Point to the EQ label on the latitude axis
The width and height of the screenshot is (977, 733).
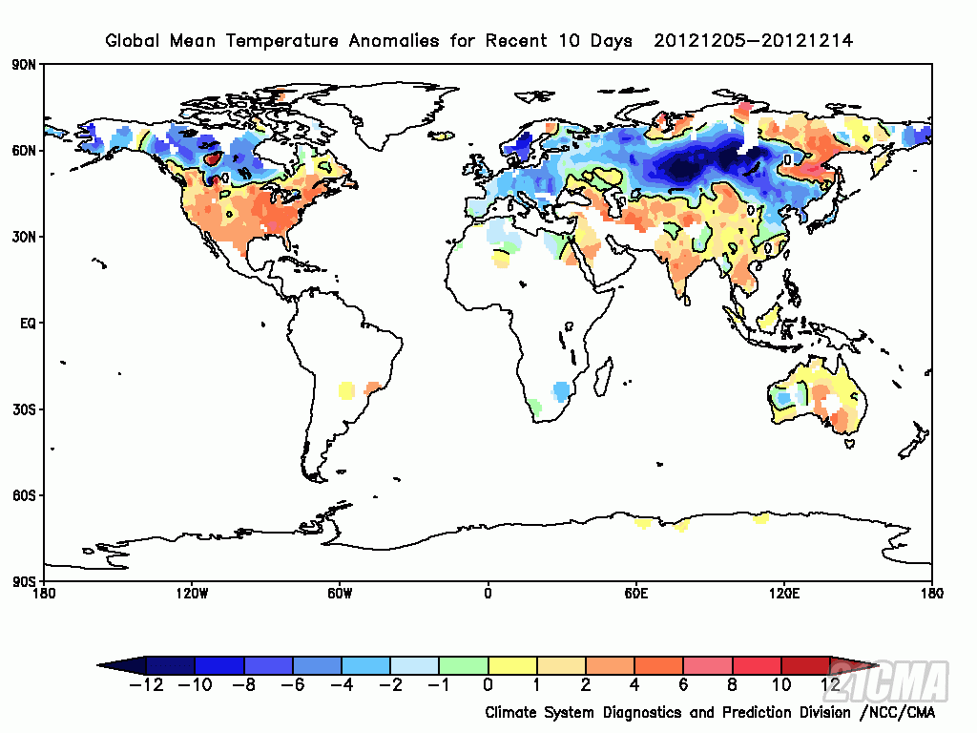(x=28, y=324)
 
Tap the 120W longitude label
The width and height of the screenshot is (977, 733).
(x=192, y=594)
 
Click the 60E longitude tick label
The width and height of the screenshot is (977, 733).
(x=636, y=594)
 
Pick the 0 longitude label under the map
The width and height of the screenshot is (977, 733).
(x=488, y=594)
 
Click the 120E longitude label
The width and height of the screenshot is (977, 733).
(x=784, y=594)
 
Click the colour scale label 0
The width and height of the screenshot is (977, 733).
(x=488, y=684)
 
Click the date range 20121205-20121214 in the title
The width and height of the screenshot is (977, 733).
(x=753, y=41)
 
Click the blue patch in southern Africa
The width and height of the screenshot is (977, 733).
(x=561, y=390)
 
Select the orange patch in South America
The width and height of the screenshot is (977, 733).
(x=372, y=387)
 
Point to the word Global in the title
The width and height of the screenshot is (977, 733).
(x=131, y=41)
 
